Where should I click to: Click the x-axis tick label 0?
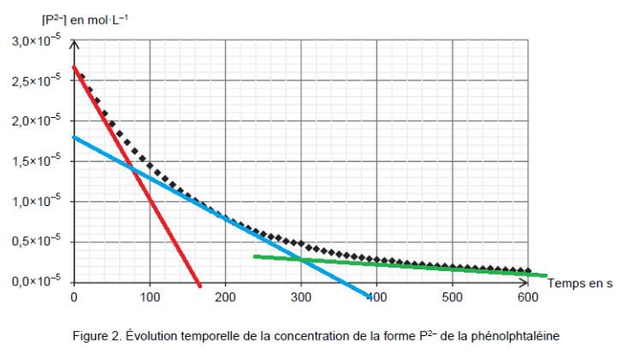click(74, 296)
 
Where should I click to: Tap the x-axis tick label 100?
click(150, 296)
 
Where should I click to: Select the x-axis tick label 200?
click(226, 296)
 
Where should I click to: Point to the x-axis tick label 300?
click(301, 296)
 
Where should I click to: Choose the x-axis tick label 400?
click(376, 296)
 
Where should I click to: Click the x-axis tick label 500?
click(453, 296)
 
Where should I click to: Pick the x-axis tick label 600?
click(528, 296)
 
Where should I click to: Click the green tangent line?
click(385, 264)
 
